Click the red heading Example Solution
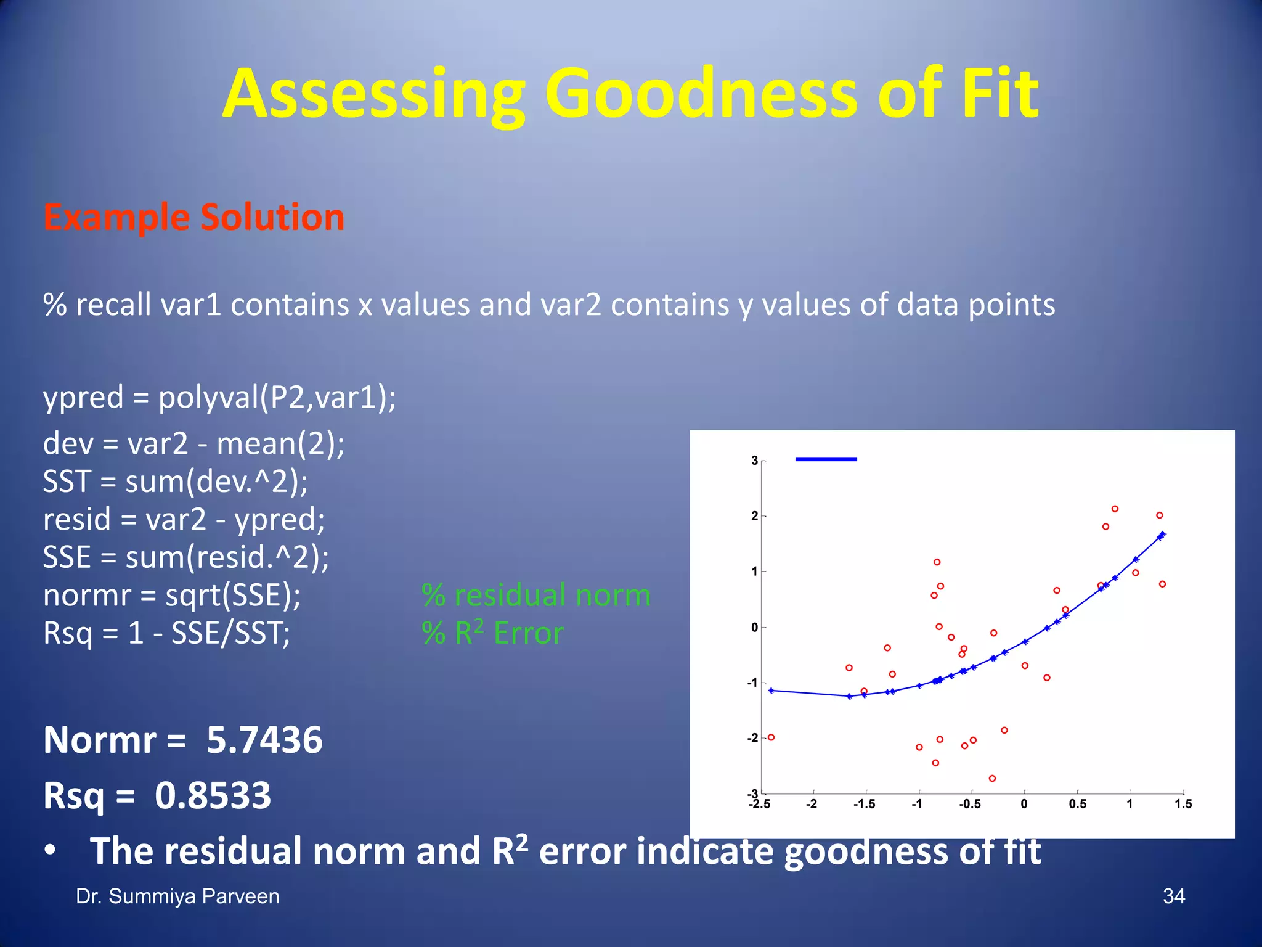point(193,217)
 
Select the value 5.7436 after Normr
point(264,740)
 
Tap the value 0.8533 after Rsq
point(213,795)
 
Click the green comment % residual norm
point(536,596)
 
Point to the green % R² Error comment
point(493,633)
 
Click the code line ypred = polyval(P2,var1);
point(219,397)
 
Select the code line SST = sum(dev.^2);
point(175,482)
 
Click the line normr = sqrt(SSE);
point(172,596)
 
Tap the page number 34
point(1173,896)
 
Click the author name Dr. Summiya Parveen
point(177,896)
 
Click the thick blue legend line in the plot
point(826,459)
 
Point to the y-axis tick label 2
point(754,516)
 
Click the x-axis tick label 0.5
point(1077,804)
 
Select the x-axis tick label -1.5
point(864,804)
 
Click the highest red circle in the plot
point(1115,509)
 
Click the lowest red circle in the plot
point(992,779)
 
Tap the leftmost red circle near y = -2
point(771,737)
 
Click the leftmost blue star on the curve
point(771,691)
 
